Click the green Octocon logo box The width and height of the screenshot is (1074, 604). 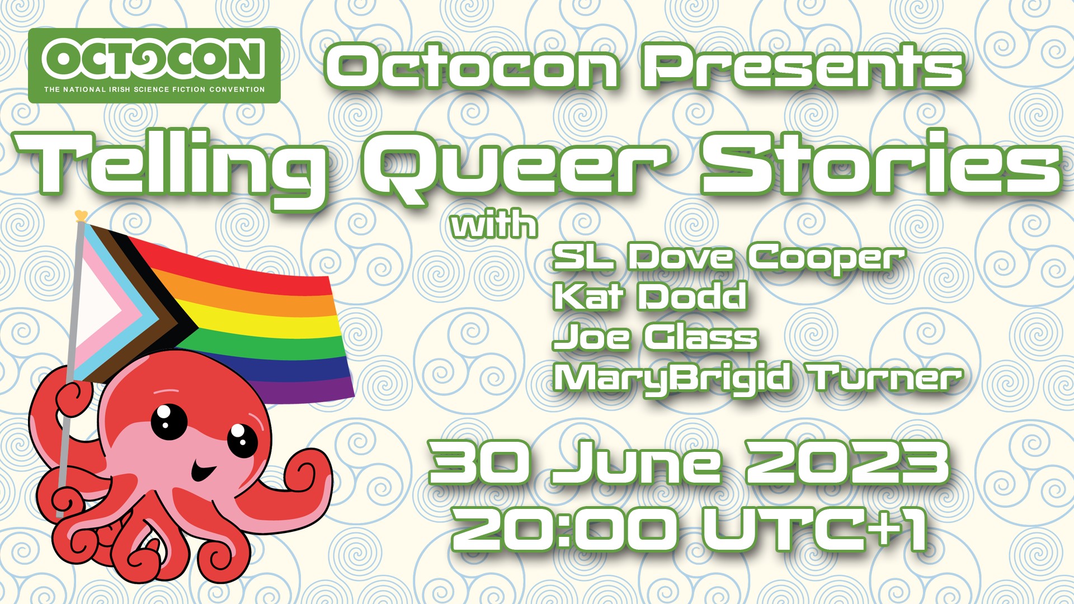[x=154, y=65]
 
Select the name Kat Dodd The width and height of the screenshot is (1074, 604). [x=649, y=296]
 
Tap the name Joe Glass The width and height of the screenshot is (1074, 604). [x=655, y=337]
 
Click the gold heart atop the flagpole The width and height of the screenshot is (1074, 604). [x=81, y=215]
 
